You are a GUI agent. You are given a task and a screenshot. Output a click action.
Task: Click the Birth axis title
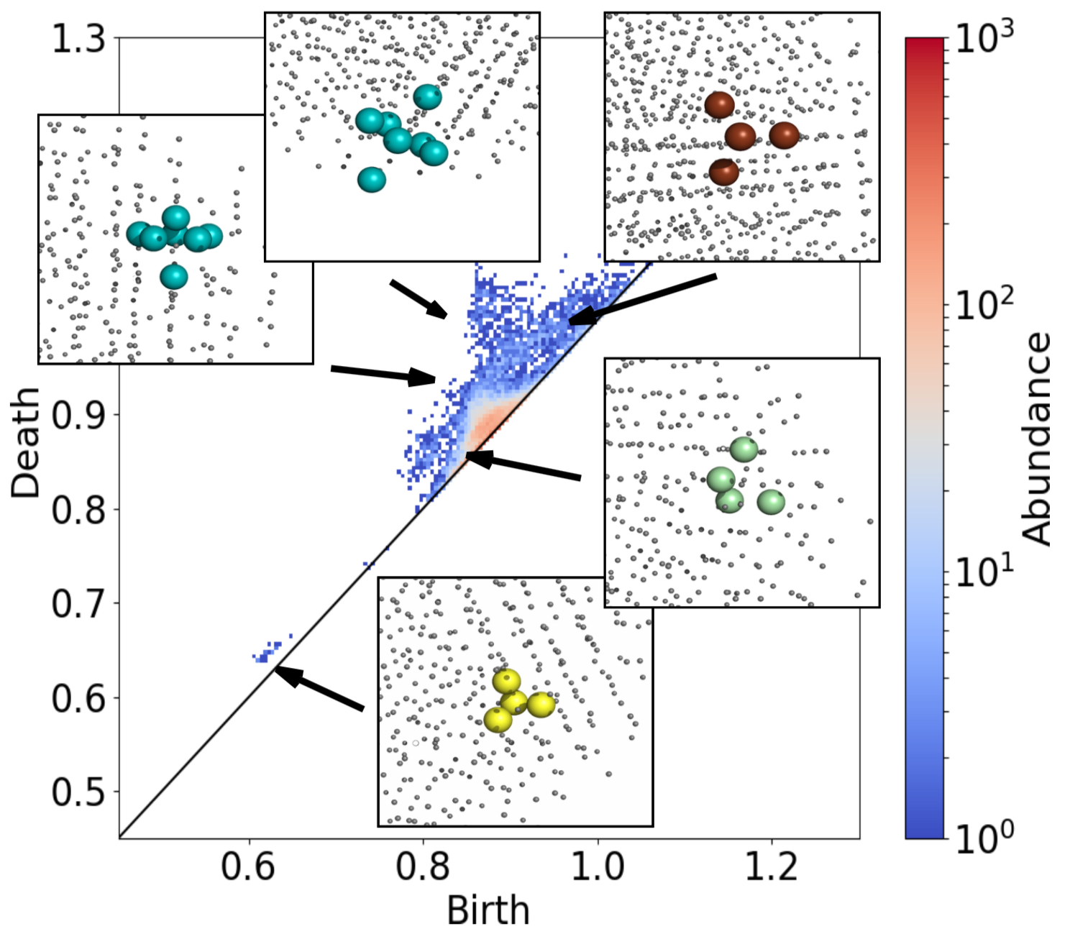[488, 911]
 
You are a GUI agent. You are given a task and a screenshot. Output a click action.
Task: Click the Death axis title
[27, 443]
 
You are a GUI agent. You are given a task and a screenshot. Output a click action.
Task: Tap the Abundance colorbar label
[1036, 439]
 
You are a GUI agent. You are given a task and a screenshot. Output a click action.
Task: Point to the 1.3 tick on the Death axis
[78, 39]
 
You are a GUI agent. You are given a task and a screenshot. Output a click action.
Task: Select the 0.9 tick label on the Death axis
[78, 415]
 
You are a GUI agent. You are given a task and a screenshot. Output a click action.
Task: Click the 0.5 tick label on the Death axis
[78, 792]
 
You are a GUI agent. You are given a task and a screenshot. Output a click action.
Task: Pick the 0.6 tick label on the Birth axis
[248, 867]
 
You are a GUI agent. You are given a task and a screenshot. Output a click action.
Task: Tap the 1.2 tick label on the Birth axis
[771, 867]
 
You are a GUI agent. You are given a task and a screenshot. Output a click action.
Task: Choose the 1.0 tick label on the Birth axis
[597, 867]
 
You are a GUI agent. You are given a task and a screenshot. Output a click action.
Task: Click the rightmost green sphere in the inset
[770, 501]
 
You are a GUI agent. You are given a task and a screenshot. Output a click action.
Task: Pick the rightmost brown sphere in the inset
[784, 134]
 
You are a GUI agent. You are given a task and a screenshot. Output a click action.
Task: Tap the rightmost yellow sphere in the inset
[541, 705]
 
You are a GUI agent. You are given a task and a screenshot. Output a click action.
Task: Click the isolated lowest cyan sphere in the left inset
[173, 276]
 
